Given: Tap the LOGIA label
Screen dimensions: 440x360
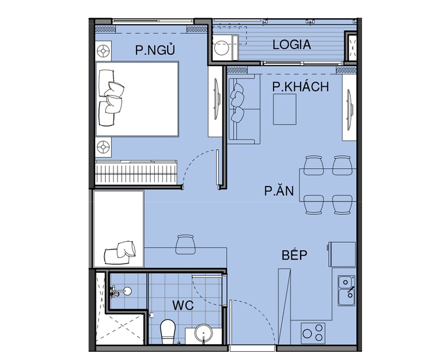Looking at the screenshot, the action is click(292, 45).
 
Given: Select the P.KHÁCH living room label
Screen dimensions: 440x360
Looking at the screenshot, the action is click(300, 87).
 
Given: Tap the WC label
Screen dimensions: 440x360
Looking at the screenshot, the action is click(183, 305).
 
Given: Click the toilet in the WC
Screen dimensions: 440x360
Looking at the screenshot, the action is click(168, 332).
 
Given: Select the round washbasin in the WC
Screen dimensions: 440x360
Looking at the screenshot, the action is click(203, 333).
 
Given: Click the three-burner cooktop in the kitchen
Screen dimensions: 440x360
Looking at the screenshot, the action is click(313, 333).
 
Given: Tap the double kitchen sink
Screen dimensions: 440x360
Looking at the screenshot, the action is click(346, 290).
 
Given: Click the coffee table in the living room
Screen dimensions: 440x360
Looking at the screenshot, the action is click(285, 109).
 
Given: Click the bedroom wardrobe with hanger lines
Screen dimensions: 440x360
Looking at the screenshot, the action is click(136, 172).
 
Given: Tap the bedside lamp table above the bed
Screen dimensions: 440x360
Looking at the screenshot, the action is click(103, 51).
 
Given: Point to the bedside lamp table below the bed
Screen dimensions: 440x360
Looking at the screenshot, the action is click(103, 146).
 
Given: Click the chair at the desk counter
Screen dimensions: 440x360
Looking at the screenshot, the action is click(185, 244).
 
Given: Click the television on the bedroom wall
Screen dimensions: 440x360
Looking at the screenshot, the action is click(216, 100).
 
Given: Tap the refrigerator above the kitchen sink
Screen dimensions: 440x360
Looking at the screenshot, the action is click(341, 254).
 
